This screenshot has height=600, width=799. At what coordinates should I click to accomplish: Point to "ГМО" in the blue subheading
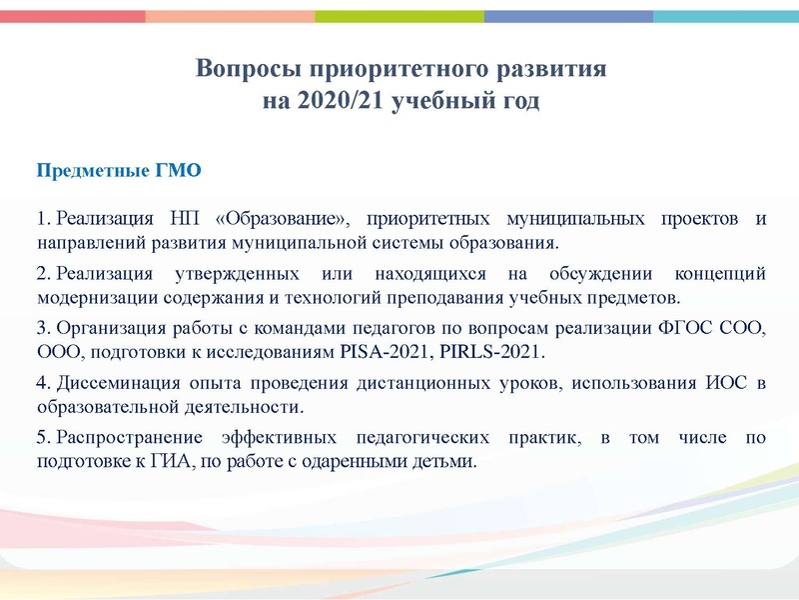(x=180, y=170)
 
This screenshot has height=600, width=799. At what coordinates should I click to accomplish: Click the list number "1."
(x=43, y=219)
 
